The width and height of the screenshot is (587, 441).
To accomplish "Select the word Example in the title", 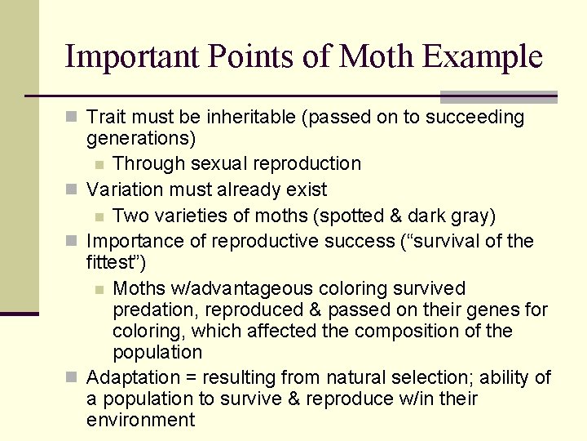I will pyautogui.click(x=483, y=56).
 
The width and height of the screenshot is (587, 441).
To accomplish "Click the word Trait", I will pyautogui.click(x=104, y=118).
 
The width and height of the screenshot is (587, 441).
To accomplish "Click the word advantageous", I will pyautogui.click(x=260, y=289).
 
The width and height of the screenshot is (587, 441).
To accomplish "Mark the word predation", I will pyautogui.click(x=157, y=310).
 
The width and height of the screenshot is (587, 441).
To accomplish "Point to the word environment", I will pyautogui.click(x=140, y=420).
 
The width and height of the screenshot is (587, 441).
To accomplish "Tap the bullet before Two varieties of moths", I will pyautogui.click(x=99, y=216).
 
